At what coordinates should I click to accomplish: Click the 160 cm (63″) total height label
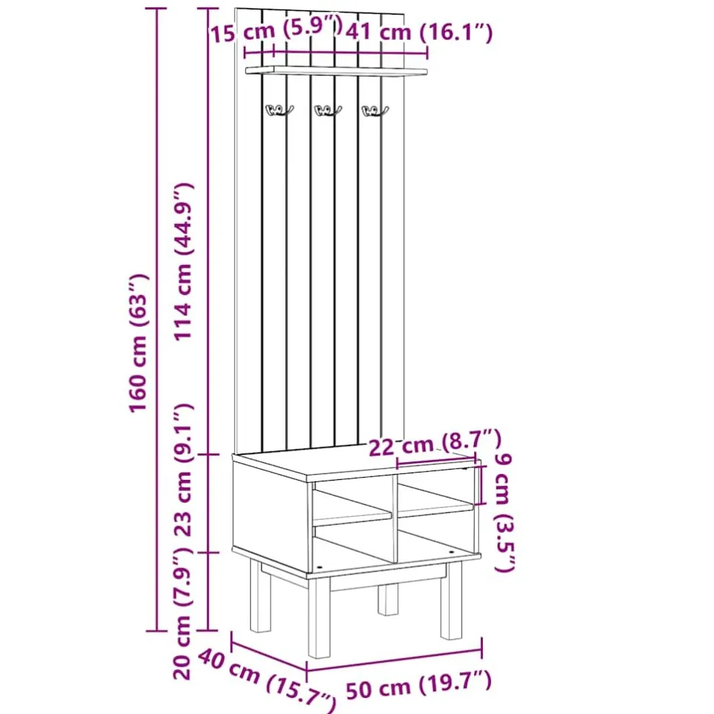139,344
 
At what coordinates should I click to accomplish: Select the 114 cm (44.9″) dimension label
185,262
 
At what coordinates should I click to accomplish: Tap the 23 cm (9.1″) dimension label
184,470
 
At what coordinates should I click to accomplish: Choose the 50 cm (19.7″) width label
419,685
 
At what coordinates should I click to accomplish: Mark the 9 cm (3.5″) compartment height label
504,512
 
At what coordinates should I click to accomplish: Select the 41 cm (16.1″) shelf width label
419,32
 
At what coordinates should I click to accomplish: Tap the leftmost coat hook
279,110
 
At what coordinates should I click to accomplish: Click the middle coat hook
328,110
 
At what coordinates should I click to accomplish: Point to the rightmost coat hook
375,110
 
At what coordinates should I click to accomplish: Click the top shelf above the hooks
336,70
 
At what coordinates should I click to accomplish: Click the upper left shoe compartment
352,501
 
